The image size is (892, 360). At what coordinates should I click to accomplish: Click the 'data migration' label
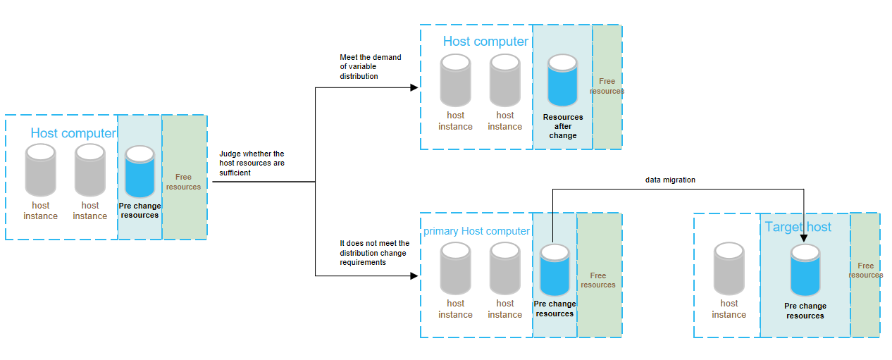(x=670, y=180)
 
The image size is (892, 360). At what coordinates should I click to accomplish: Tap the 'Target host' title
(x=798, y=227)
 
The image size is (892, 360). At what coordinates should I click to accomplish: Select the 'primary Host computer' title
(x=476, y=231)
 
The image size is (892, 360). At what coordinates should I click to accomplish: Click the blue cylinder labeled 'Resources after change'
(x=562, y=80)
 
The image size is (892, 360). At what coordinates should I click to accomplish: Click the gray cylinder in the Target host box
(x=729, y=268)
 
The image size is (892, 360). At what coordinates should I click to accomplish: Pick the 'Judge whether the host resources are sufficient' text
(x=252, y=163)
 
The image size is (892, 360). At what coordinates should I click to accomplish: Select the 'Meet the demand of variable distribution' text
(x=371, y=67)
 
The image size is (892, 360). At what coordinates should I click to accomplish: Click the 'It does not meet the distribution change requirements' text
(x=374, y=253)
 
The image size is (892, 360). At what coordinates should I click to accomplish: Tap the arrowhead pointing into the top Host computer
(x=415, y=87)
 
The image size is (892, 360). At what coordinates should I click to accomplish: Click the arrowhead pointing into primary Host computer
(x=415, y=276)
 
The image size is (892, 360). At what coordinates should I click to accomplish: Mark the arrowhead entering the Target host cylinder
(x=805, y=241)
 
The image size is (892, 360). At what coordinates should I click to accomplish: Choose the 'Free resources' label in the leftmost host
(x=183, y=182)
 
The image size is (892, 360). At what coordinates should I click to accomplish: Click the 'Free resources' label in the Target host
(x=866, y=271)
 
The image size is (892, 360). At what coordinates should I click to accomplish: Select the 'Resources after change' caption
(x=563, y=126)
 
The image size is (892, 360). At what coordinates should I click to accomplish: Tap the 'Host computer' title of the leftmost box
(x=73, y=133)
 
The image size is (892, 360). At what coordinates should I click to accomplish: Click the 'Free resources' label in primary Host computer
(x=597, y=280)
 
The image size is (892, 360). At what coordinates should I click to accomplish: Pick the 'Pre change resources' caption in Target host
(x=805, y=311)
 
